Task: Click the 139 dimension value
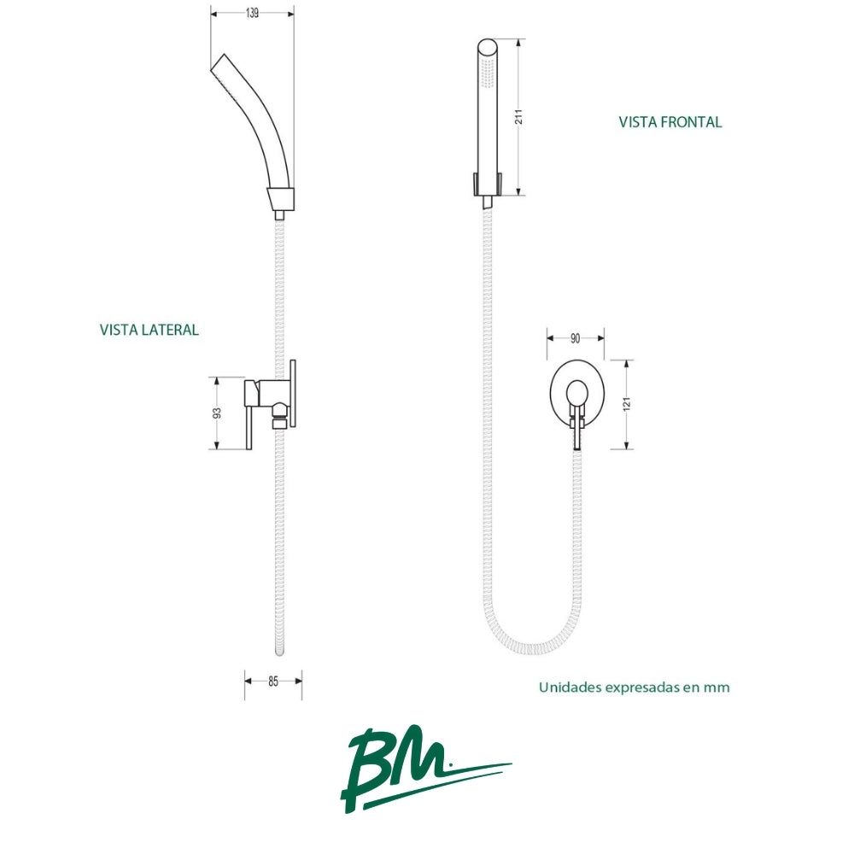(252, 13)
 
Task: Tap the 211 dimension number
(518, 116)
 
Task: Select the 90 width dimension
(575, 338)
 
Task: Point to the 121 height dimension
(626, 404)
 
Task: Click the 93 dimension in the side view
(217, 412)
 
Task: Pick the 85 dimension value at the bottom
(273, 681)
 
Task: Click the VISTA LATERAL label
(149, 330)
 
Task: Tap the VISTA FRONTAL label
(670, 122)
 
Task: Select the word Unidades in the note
(567, 687)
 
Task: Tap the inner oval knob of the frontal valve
(576, 393)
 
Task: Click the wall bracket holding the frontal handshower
(488, 184)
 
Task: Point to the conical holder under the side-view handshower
(281, 199)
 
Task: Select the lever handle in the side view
(249, 415)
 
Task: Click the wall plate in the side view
(293, 393)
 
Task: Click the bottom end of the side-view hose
(280, 651)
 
